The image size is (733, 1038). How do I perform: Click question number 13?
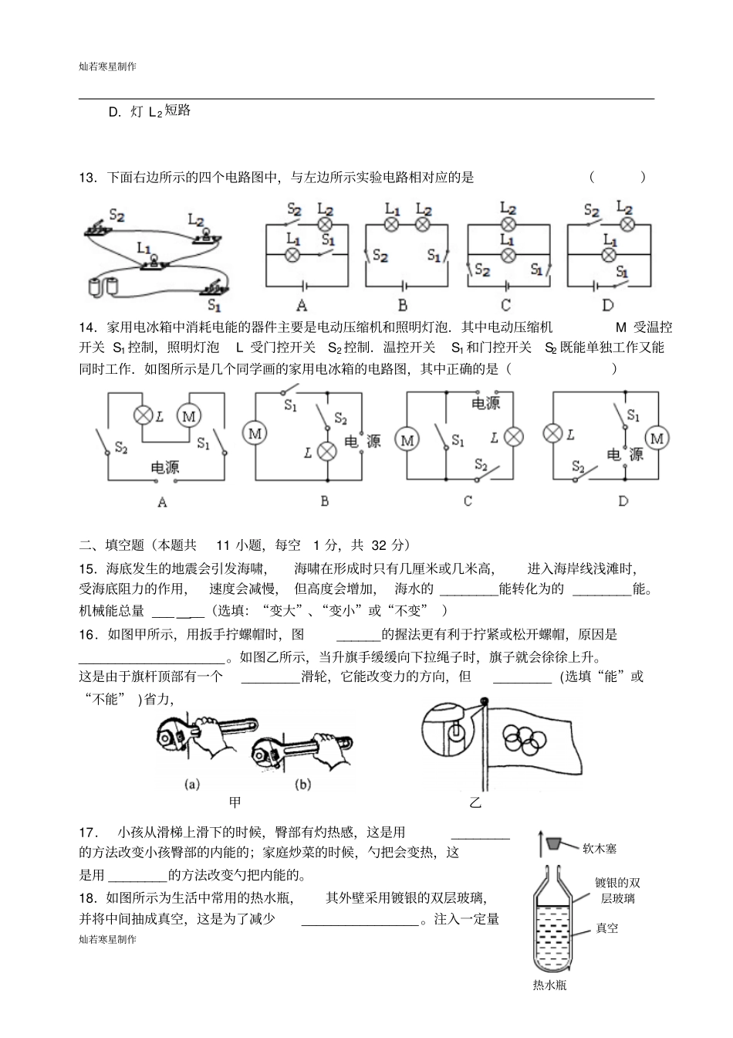pos(87,178)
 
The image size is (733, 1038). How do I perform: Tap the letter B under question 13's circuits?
pos(403,306)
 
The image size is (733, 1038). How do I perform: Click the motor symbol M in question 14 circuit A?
pos(188,416)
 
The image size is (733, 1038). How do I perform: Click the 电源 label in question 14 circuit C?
pos(485,403)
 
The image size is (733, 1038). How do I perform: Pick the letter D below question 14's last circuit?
pos(623,501)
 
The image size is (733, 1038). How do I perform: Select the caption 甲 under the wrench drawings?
pos(235,802)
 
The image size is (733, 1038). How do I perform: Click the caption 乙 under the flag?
pos(475,802)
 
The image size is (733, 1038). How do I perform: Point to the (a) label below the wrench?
pos(193,785)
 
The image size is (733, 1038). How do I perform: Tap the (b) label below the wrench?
pos(302,785)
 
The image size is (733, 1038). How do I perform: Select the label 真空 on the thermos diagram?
pos(607,928)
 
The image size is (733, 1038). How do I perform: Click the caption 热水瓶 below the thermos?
pos(549,985)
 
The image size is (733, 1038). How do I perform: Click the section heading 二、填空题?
pos(111,545)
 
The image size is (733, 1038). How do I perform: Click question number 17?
pos(88,833)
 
